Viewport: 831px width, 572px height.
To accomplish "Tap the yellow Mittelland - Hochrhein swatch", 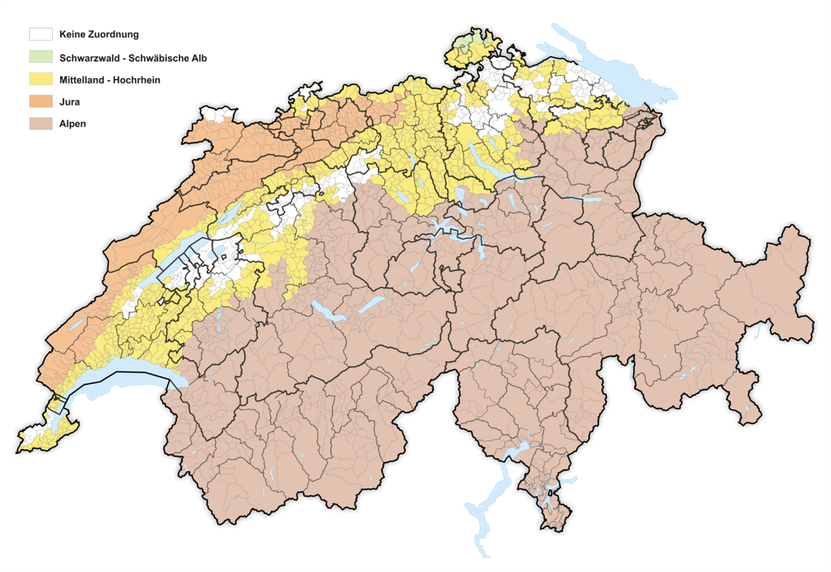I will (x=40, y=80).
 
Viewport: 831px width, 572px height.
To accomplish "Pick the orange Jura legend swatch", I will (x=40, y=102).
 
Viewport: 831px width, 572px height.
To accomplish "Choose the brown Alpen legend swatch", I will (x=40, y=124).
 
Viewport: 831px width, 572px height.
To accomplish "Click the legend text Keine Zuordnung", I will (x=99, y=34).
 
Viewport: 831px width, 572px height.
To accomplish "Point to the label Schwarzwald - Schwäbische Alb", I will (x=133, y=58).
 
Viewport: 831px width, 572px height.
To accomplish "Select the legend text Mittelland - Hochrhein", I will (x=110, y=80).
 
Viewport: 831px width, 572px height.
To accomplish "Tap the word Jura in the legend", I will (x=70, y=102).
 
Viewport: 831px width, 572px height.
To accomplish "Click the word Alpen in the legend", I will (x=73, y=124).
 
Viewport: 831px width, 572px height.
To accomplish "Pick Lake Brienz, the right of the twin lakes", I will (x=371, y=304).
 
